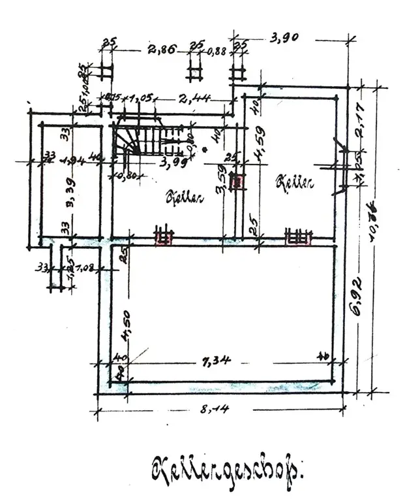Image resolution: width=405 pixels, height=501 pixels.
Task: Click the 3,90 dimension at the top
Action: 284,39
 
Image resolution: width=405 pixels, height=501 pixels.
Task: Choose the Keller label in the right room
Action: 296,184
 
